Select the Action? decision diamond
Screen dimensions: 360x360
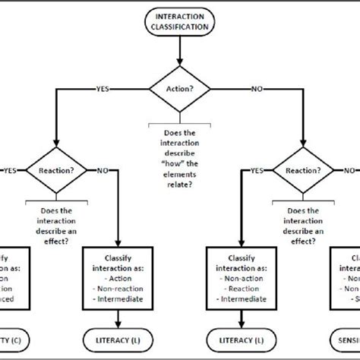click(x=180, y=87)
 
